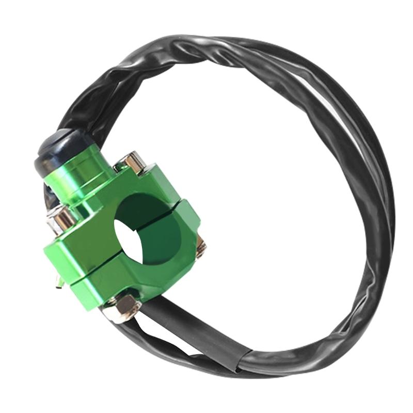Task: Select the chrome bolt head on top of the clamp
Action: pos(133,162)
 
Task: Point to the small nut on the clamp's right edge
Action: pos(201,247)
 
